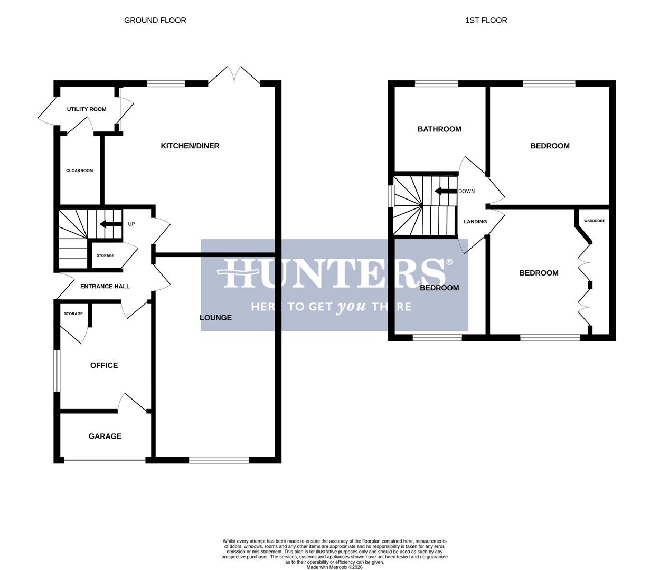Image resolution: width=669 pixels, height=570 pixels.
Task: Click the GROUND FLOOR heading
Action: (155, 21)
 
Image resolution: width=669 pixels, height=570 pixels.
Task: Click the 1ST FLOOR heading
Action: (486, 21)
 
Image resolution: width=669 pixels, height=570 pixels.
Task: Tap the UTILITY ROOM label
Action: (87, 109)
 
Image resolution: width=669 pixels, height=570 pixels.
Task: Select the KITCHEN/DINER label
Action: (190, 146)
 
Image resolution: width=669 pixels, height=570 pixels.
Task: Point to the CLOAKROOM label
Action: (79, 170)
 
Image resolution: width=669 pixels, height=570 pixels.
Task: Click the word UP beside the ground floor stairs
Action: (131, 224)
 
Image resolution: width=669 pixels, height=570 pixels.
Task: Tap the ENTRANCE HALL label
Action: (105, 287)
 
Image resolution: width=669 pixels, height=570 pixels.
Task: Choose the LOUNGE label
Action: (215, 318)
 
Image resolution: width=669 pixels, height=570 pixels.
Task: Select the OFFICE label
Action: (104, 365)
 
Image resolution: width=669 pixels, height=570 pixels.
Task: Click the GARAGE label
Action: (105, 436)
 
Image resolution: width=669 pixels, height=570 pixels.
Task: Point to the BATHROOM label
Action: (439, 129)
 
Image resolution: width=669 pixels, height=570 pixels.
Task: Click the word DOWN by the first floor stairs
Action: (467, 191)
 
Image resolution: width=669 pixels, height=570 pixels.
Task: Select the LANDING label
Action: (475, 222)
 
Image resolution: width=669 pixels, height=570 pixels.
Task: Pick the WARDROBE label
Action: (595, 221)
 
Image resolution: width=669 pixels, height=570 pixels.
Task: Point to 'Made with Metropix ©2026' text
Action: (334, 567)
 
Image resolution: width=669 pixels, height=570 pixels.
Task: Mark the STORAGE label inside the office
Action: (73, 313)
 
